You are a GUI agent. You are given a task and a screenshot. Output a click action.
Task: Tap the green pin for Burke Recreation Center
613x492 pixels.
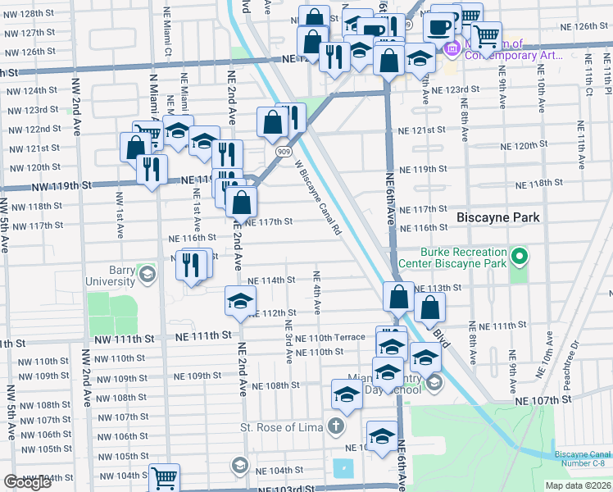pyautogui.click(x=519, y=259)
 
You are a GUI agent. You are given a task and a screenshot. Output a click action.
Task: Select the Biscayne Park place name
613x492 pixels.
pyautogui.click(x=498, y=217)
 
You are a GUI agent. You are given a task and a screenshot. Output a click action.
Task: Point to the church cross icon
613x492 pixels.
pyautogui.click(x=335, y=426)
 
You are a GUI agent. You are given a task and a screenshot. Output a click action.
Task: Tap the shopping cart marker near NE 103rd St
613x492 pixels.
pyautogui.click(x=165, y=478)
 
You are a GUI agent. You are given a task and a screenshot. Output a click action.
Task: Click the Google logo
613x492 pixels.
pyautogui.click(x=28, y=482)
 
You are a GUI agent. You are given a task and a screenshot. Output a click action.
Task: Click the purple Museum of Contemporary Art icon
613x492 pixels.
pyautogui.click(x=452, y=50)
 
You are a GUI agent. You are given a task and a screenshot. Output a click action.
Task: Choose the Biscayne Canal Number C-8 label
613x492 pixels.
pyautogui.click(x=581, y=459)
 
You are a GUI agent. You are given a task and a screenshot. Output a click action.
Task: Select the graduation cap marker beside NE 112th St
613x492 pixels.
pyautogui.click(x=240, y=301)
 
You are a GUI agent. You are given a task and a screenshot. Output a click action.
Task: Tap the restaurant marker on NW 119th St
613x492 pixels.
pyautogui.click(x=152, y=169)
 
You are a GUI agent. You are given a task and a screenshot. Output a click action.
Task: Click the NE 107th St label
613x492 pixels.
pyautogui.click(x=543, y=399)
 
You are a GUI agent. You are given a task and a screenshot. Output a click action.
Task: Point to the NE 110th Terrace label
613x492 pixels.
pyautogui.click(x=330, y=338)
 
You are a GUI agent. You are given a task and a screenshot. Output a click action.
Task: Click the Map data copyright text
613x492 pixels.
pyautogui.click(x=576, y=485)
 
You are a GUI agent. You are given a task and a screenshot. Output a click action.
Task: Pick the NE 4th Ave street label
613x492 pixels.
pyautogui.click(x=316, y=292)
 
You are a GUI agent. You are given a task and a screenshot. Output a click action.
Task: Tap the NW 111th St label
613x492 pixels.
pyautogui.click(x=124, y=338)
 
